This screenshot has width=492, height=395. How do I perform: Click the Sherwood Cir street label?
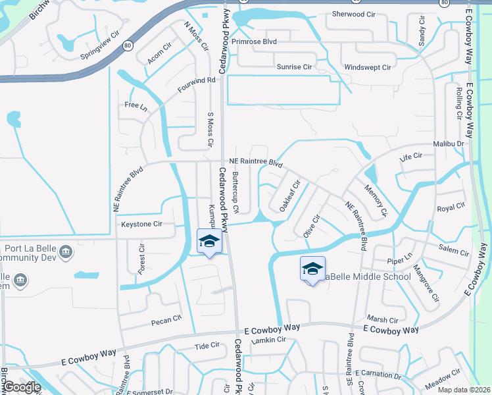[353, 14]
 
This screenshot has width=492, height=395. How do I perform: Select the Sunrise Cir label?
[294, 67]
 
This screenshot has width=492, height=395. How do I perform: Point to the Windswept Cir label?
[368, 67]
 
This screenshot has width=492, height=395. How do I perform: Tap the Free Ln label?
[134, 105]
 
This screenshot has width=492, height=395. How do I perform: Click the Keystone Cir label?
[141, 224]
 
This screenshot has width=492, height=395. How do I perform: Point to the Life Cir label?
[410, 156]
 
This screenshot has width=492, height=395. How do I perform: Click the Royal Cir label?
[451, 208]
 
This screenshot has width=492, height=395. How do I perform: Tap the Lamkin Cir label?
[272, 340]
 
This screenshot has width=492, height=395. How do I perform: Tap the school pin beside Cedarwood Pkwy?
[209, 241]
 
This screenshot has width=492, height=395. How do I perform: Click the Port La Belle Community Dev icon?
[65, 251]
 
